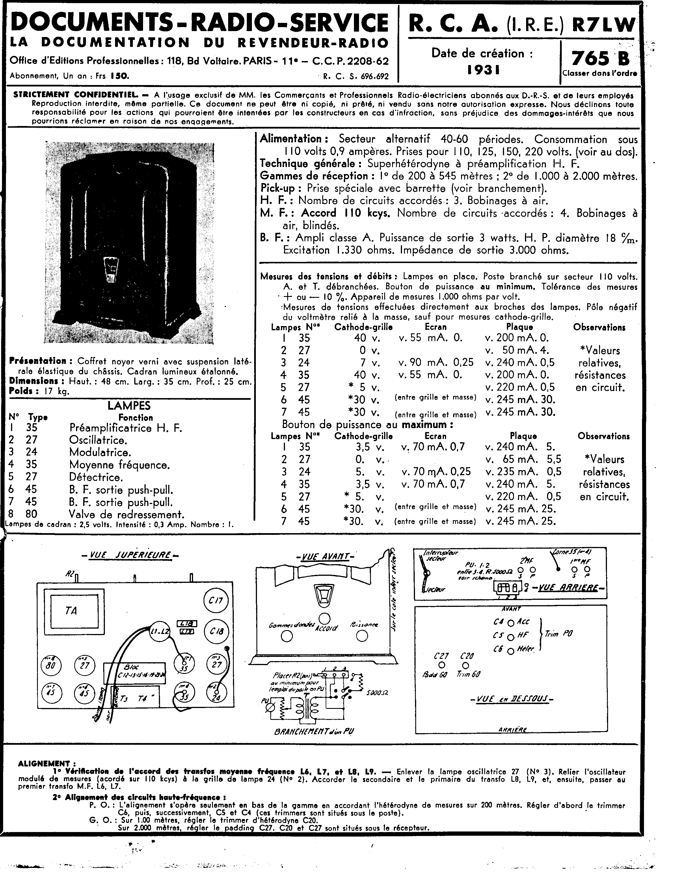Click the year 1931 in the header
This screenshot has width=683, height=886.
483,70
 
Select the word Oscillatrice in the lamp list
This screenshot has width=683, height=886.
98,440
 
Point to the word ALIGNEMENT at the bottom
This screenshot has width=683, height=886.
44,764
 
